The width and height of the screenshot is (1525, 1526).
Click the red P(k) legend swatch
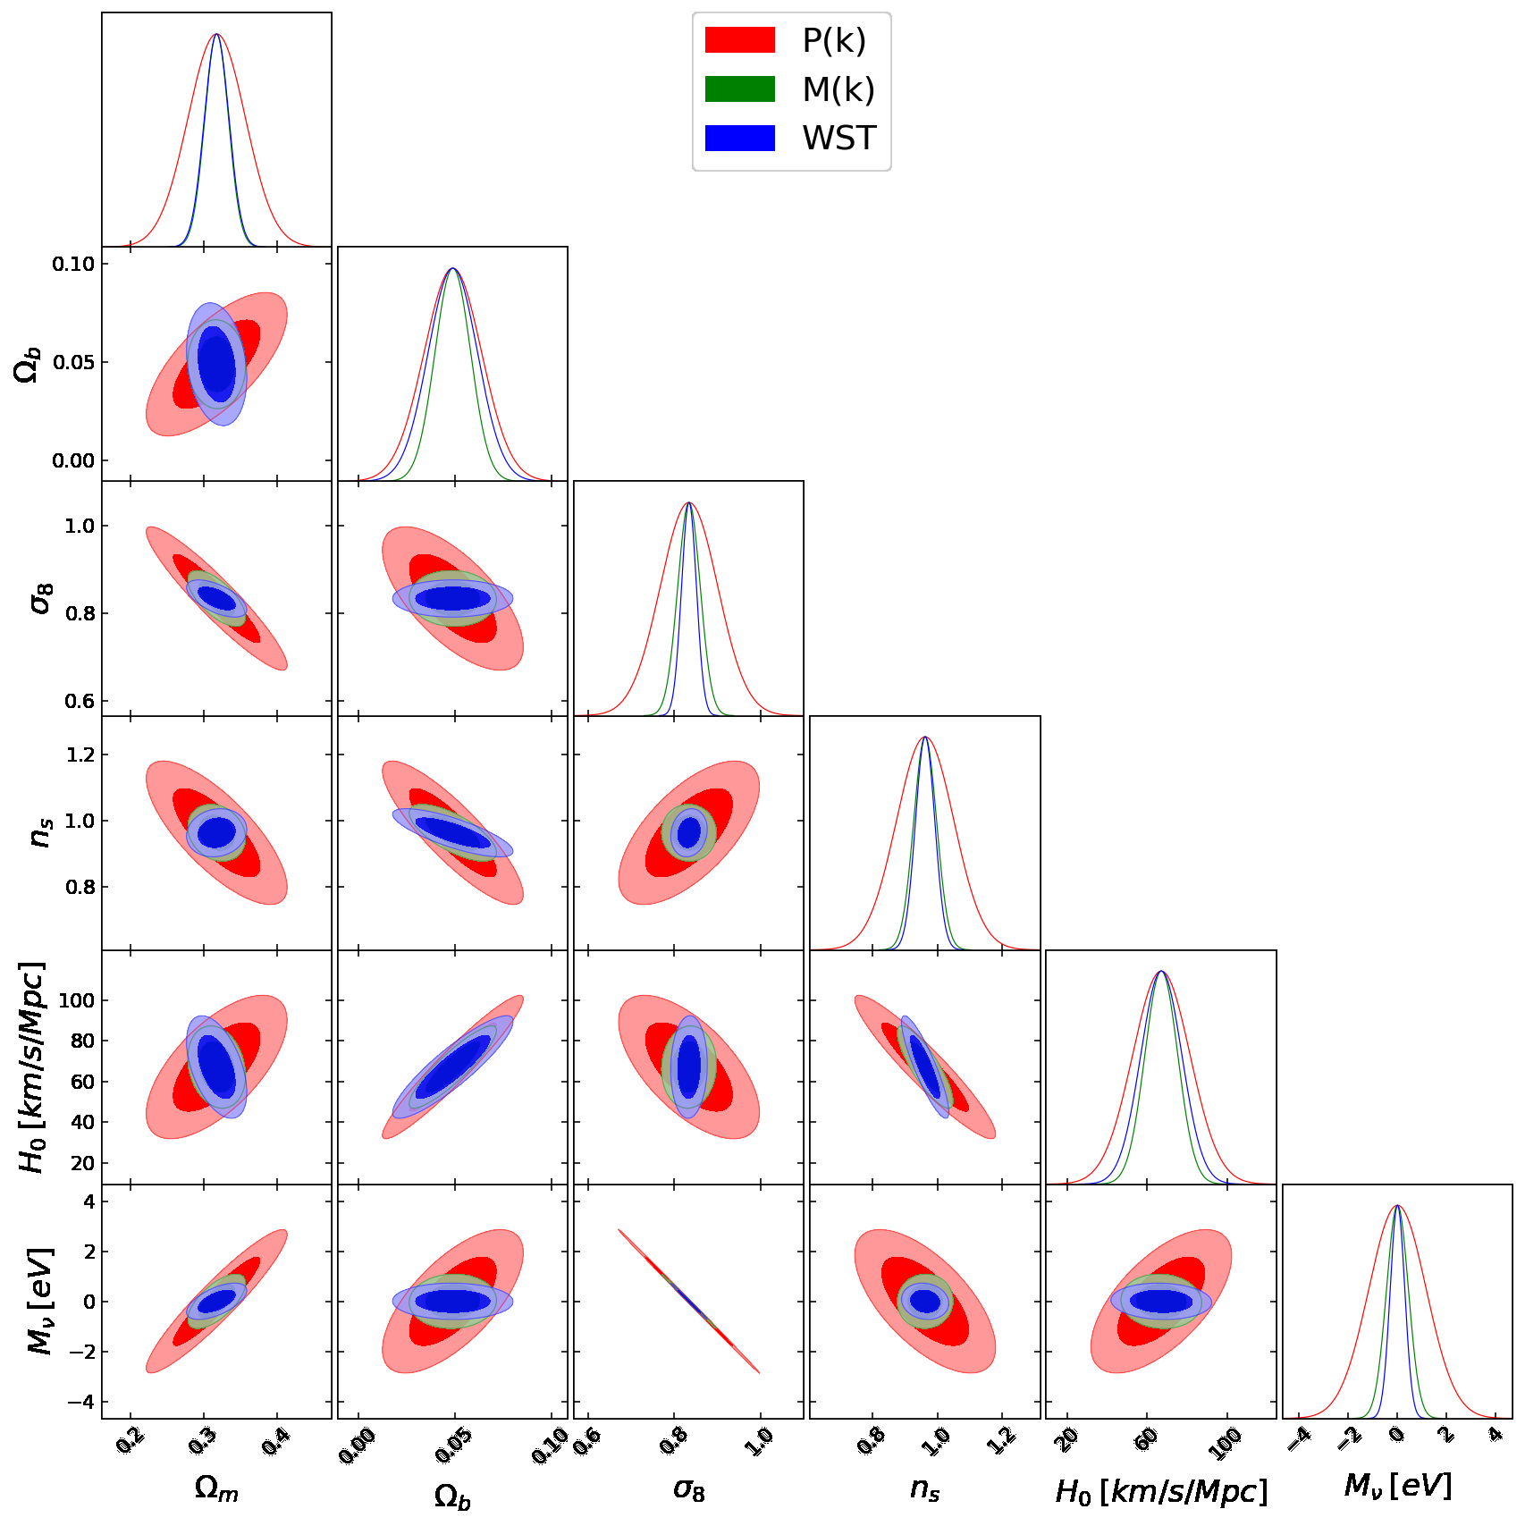click(739, 40)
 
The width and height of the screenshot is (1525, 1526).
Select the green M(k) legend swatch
click(739, 89)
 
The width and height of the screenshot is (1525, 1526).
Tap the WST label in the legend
click(838, 139)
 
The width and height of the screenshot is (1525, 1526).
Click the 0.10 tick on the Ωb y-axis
click(73, 264)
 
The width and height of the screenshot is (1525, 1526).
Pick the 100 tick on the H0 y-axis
click(76, 1000)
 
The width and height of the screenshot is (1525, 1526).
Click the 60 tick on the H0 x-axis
click(1147, 1439)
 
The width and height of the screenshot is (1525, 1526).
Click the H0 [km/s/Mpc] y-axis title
click(32, 1067)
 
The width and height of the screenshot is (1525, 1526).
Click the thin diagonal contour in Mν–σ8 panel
click(688, 1302)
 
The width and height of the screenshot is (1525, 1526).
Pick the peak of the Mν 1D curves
click(1397, 1206)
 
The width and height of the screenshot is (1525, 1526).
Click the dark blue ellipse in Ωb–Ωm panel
click(217, 364)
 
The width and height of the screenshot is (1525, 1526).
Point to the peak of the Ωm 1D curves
click(216, 35)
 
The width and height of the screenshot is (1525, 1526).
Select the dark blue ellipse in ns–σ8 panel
click(689, 833)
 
